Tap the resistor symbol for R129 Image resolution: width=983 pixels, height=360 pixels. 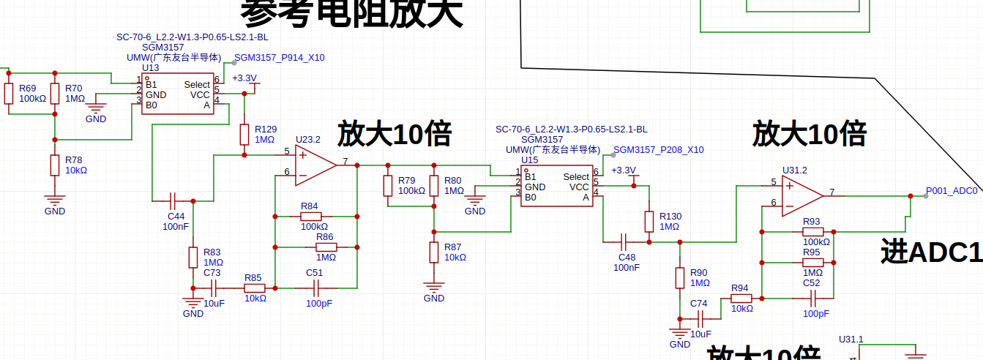244,134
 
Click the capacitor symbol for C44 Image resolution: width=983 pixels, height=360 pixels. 173,200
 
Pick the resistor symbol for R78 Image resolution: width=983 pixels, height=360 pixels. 54,165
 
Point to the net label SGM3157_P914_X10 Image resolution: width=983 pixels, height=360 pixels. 279,58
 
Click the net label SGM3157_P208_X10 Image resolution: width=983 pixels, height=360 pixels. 658,150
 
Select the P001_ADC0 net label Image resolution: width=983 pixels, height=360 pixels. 951,190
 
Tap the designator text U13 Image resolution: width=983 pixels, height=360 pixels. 150,67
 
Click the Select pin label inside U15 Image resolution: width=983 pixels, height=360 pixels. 576,177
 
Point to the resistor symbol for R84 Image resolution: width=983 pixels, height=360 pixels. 310,217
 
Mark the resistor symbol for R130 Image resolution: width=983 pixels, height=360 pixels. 649,221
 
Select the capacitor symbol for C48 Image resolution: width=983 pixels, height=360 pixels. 626,241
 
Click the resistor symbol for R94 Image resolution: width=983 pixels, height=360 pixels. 741,298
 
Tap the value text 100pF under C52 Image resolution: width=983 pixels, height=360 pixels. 816,313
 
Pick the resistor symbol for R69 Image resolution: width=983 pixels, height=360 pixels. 9,93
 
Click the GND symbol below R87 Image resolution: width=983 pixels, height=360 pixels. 434,288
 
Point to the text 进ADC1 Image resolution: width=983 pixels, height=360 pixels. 930,252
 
